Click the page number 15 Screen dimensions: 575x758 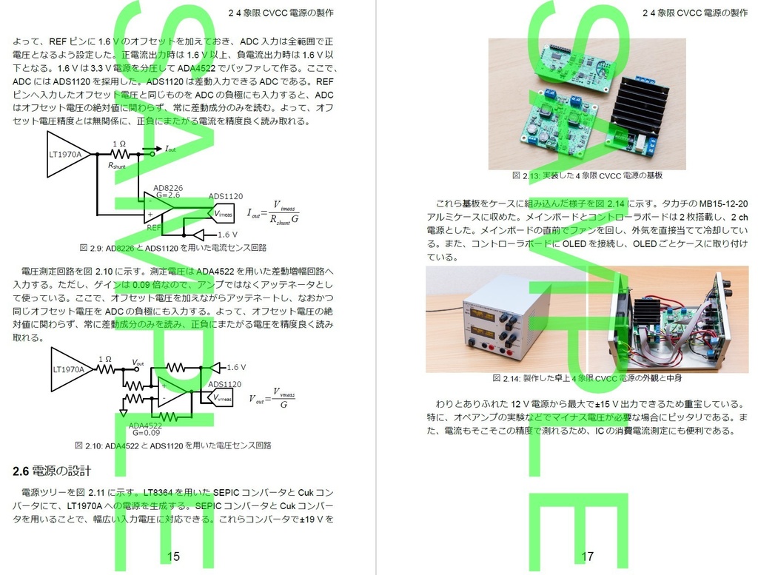point(174,556)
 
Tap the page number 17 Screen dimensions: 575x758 point(587,556)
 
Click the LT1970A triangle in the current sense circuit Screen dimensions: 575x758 point(67,155)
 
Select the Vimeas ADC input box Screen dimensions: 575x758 point(225,214)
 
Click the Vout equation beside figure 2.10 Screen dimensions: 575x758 point(273,398)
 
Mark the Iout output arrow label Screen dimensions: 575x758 point(170,149)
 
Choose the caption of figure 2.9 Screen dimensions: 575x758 point(172,247)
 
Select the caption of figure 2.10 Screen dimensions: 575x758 point(172,445)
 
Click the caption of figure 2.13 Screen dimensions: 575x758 point(586,176)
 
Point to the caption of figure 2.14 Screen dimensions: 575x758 point(586,378)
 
